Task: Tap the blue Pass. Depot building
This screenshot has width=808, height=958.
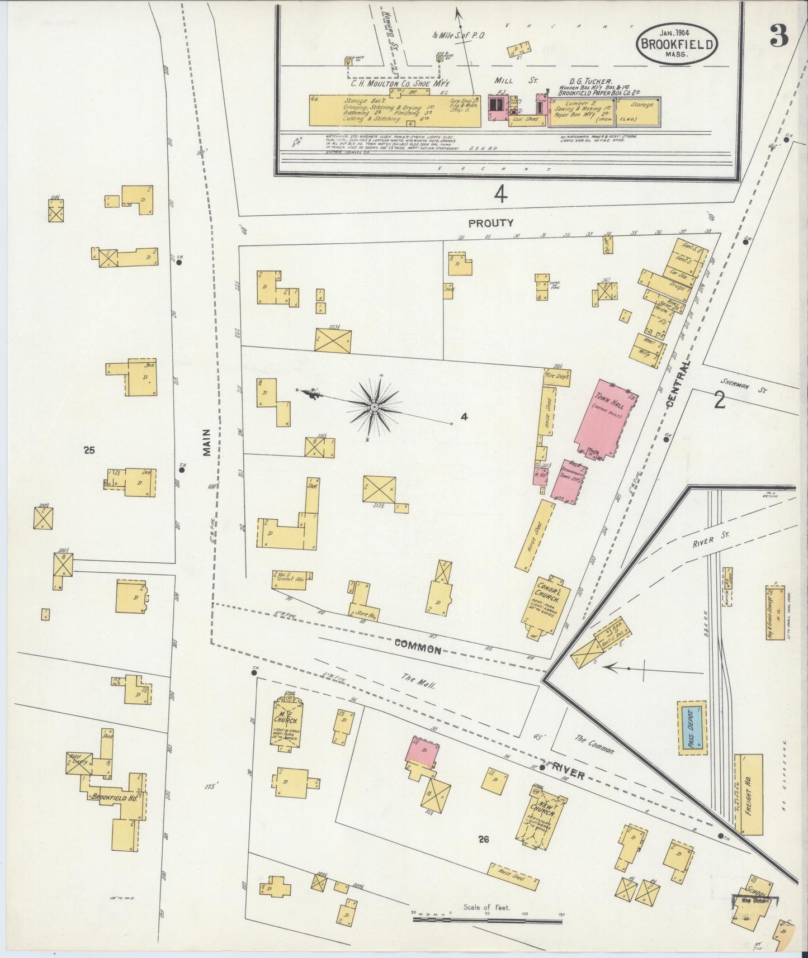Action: pos(692,728)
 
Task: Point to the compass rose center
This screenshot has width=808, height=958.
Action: pos(374,406)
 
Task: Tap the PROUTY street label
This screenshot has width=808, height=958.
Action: pos(490,223)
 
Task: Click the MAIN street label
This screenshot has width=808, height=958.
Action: pos(206,443)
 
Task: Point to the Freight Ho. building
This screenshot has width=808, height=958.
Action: pos(748,794)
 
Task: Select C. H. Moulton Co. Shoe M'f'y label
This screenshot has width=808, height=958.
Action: pos(400,83)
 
